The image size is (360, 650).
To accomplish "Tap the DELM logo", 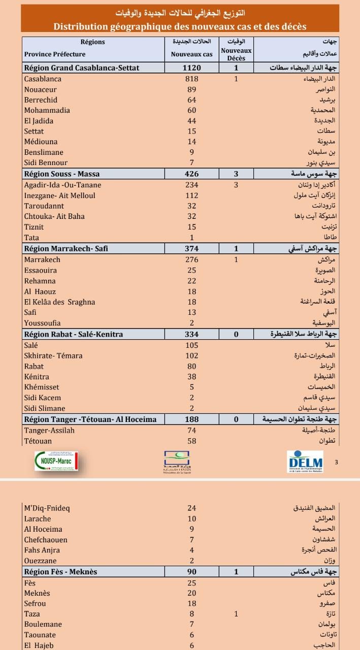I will (x=305, y=461).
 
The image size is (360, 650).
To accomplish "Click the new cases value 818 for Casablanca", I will (x=191, y=79).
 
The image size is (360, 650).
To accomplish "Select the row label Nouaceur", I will (x=39, y=89).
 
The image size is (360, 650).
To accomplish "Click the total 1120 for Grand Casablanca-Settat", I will (x=191, y=68).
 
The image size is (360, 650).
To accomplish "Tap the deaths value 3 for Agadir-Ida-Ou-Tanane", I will (x=236, y=185).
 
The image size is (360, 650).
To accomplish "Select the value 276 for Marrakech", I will (x=191, y=259).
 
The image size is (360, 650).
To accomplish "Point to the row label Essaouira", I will (x=41, y=270).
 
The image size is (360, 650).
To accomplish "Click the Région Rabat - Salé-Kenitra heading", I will (x=73, y=334).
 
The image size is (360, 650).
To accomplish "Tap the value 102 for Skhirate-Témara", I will (x=191, y=355).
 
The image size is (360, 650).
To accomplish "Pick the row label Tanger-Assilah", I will (x=49, y=430).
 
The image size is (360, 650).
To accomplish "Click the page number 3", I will (x=337, y=462).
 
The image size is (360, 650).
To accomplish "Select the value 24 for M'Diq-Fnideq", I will (x=191, y=508).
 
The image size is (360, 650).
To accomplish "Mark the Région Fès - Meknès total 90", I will (x=191, y=572).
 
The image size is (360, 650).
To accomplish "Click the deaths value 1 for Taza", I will (x=236, y=614).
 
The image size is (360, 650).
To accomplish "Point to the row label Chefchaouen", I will (x=46, y=540).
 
